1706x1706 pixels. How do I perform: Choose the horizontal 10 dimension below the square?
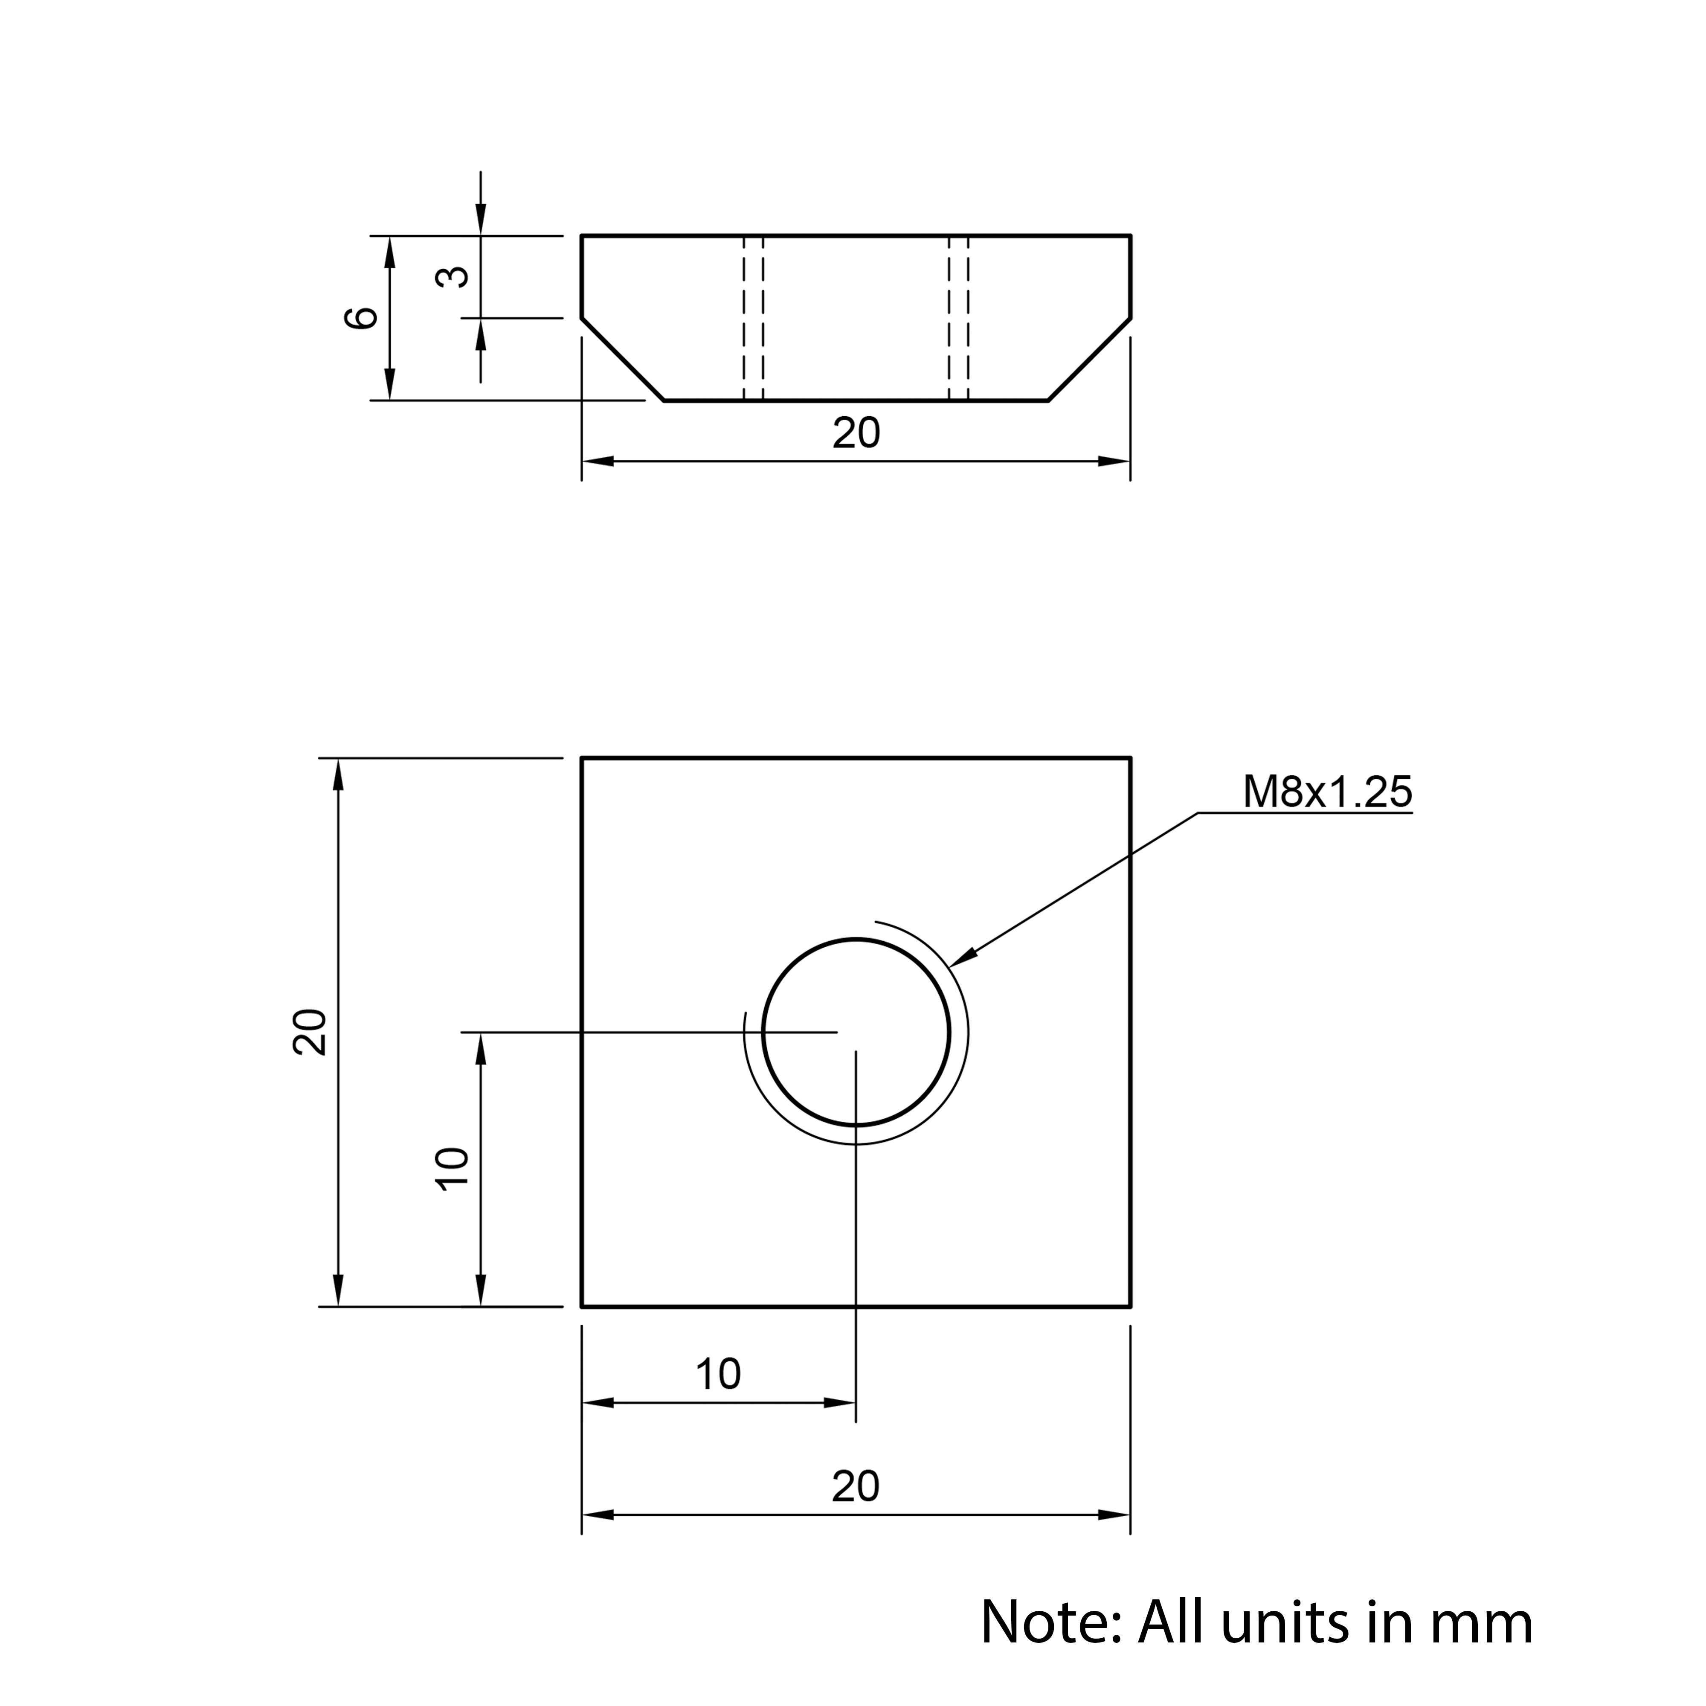[718, 1374]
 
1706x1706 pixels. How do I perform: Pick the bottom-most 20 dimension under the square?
[856, 1487]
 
